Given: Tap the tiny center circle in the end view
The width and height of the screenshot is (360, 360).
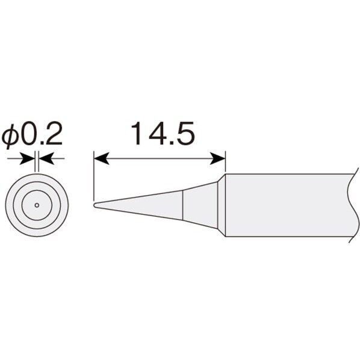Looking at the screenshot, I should pyautogui.click(x=37, y=205).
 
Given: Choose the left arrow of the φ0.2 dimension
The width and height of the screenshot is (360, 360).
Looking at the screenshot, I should pyautogui.click(x=26, y=159).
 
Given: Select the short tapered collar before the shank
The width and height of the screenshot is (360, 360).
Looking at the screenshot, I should pyautogui.click(x=203, y=205).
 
